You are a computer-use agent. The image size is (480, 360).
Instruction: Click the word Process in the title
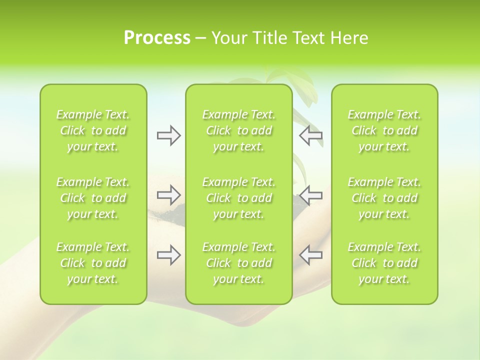[x=157, y=38]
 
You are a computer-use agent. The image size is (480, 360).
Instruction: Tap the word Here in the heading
[x=349, y=38]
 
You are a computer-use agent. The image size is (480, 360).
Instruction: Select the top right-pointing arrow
[x=168, y=135]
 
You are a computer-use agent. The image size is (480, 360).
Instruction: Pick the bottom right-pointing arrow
[x=168, y=255]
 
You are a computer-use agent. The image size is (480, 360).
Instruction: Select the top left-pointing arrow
[x=311, y=135]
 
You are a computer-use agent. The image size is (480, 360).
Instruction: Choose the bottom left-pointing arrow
[x=311, y=255]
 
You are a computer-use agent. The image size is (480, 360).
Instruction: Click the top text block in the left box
[x=93, y=130]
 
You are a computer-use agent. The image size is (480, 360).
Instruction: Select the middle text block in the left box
[x=93, y=198]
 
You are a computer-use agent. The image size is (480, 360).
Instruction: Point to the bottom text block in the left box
[x=93, y=263]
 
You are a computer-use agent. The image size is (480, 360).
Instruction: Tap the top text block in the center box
[x=238, y=130]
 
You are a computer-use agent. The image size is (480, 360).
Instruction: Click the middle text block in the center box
[x=238, y=198]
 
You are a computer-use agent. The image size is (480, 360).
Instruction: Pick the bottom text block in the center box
[x=238, y=263]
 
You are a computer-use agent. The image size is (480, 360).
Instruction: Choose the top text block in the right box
[x=384, y=130]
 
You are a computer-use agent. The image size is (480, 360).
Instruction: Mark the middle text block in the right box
[x=384, y=198]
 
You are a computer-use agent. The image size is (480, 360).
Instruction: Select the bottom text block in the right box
[x=384, y=263]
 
